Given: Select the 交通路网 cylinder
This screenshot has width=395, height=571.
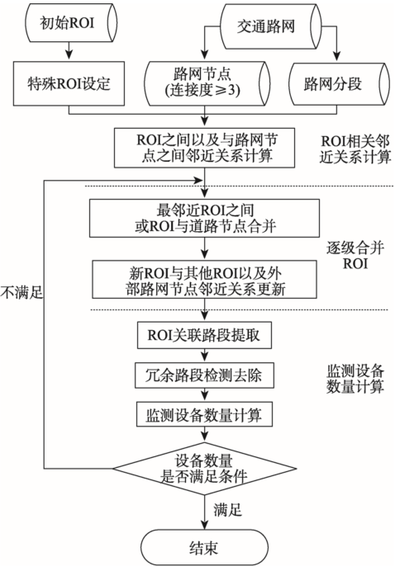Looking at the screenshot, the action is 270,26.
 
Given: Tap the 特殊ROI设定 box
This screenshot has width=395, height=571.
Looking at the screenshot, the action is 69,84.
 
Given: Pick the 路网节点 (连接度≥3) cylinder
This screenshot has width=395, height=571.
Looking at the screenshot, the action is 207,83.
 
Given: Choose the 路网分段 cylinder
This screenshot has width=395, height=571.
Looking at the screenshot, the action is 339,84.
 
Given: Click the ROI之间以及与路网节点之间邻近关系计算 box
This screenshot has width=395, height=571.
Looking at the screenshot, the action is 204,148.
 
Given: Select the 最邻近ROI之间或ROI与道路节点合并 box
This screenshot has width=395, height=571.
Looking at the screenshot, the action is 205,218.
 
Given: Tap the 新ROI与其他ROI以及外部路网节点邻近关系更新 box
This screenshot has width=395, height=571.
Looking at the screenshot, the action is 204,279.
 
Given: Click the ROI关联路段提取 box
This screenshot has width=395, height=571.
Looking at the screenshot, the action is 204,335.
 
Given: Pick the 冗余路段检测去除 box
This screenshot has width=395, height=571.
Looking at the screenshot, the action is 204,375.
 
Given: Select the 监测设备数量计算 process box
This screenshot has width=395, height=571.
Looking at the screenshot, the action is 204,414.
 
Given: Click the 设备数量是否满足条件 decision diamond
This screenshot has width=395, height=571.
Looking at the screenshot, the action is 204,469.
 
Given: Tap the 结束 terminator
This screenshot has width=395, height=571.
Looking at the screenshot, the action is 204,548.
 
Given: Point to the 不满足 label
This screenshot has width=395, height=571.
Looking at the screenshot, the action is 21,292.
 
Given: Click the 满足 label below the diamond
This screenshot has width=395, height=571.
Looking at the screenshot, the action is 227,510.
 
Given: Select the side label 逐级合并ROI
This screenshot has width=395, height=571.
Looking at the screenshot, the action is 355,255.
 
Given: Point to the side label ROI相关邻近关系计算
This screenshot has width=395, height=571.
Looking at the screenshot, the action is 355,149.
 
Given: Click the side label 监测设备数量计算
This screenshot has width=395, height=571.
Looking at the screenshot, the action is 355,379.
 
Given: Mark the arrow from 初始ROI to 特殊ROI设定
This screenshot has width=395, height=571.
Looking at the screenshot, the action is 69,51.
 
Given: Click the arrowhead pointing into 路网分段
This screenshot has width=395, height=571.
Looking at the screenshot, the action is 336,57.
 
